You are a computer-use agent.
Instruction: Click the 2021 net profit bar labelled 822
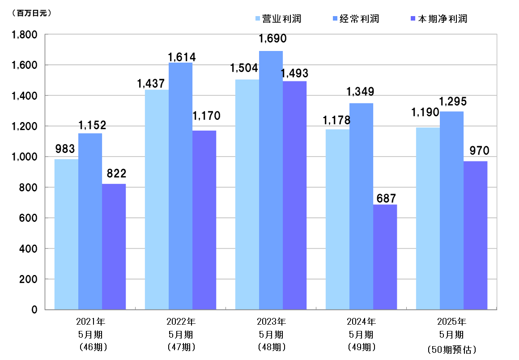pos(114,246)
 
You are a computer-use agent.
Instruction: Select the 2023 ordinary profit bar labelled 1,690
pos(271,180)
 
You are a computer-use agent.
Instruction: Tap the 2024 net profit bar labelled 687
pos(385,257)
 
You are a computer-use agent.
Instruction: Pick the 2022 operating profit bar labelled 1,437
pos(157,199)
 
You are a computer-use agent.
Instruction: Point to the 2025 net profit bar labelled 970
pos(475,235)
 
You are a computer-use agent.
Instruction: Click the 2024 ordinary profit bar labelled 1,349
pos(361,206)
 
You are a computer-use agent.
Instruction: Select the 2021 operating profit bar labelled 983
pos(66,234)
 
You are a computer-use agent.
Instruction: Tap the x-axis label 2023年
pos(271,321)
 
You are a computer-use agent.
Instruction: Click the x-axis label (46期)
pos(90,346)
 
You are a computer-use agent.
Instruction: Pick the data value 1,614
pos(181,57)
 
